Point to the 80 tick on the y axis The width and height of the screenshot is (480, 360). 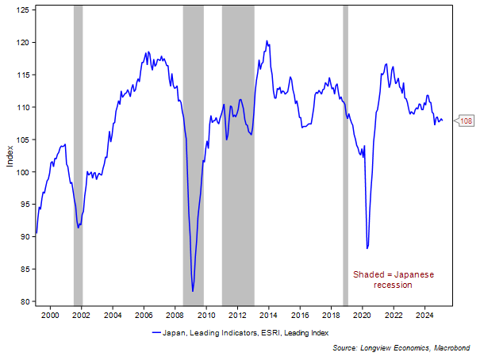(x=24, y=301)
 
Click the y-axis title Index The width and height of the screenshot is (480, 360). (x=10, y=155)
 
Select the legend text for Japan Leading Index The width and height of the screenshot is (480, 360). (x=246, y=333)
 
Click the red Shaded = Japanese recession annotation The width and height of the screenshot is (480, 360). (x=394, y=279)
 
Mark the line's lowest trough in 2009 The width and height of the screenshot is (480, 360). (x=193, y=291)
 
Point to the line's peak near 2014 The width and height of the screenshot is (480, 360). (x=267, y=41)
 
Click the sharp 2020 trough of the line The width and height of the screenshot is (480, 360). (x=367, y=248)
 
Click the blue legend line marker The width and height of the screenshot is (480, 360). (x=156, y=333)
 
